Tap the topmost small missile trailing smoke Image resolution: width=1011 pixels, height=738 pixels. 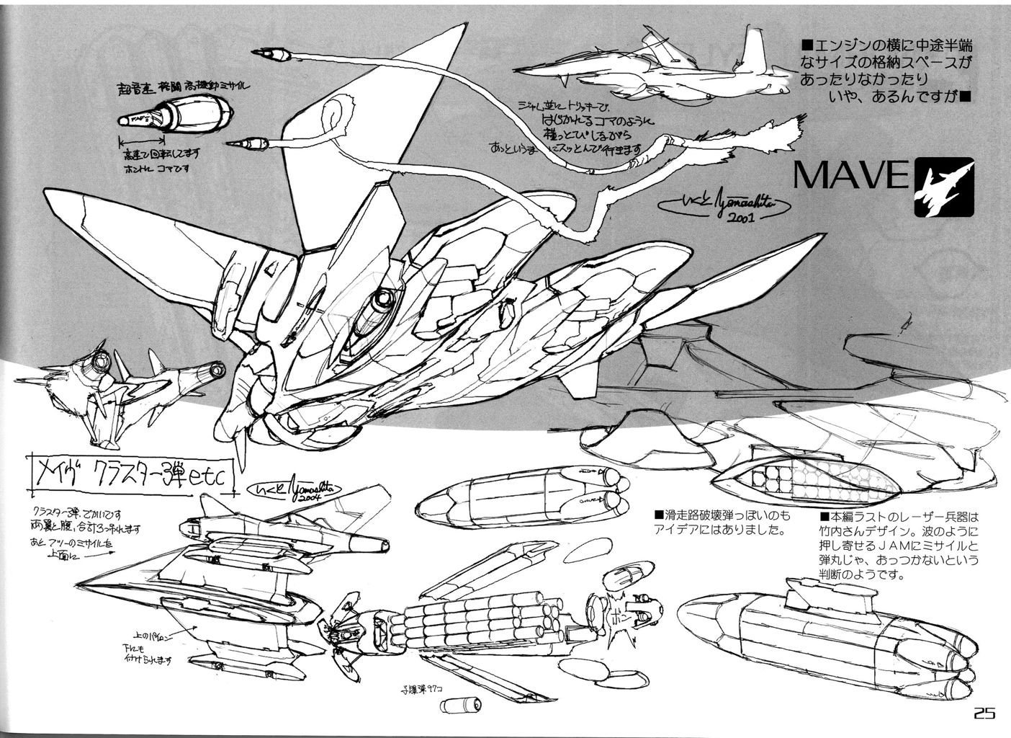pos(272,53)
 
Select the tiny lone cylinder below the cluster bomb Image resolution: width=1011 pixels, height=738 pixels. pos(459,701)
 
